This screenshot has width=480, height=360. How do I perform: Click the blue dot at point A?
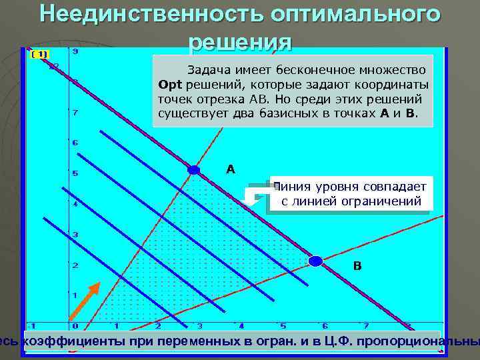point(194,171)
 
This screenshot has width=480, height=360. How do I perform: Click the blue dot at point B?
point(315,261)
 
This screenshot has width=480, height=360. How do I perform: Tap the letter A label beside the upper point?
point(231,169)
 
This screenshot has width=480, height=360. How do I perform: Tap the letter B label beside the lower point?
point(357,266)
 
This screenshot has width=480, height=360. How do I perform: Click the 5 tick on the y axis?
point(75,174)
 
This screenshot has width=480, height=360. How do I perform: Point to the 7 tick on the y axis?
point(75,113)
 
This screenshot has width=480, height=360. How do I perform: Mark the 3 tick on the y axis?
point(75,235)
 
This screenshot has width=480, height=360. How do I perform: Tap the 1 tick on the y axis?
point(75,295)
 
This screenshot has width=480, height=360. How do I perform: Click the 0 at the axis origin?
point(75,326)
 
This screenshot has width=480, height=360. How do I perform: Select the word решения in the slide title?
point(241,41)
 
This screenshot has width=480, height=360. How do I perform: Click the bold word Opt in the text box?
point(171,85)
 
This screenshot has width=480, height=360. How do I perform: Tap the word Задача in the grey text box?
point(209,69)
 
